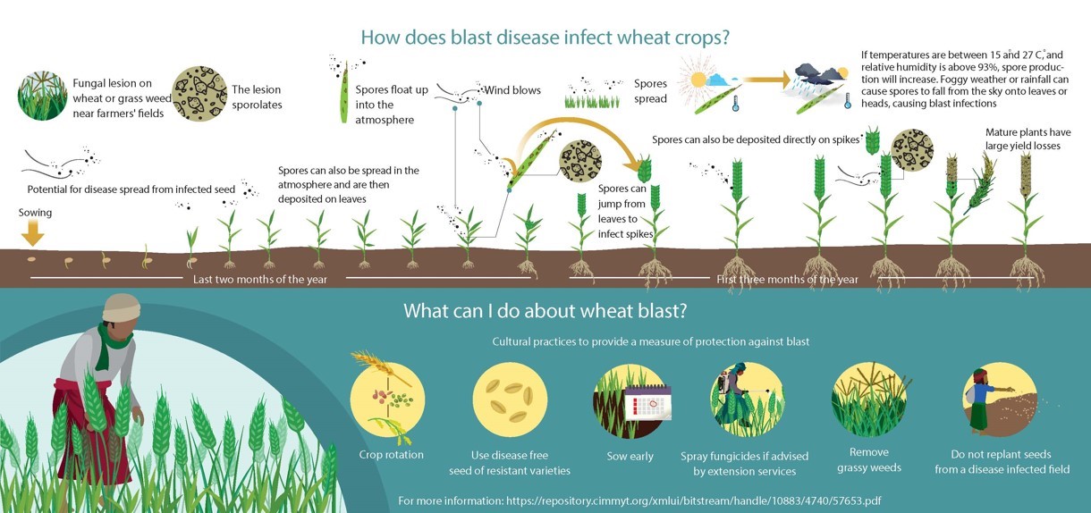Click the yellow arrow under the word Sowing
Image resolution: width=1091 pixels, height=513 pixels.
pyautogui.click(x=32, y=232)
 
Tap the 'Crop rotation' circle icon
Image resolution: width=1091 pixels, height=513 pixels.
pyautogui.click(x=388, y=399)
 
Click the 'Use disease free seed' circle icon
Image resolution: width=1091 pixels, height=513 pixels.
pyautogui.click(x=510, y=400)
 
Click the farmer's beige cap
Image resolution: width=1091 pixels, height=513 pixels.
pyautogui.click(x=122, y=307)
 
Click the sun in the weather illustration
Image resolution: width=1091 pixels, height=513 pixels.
pyautogui.click(x=698, y=80)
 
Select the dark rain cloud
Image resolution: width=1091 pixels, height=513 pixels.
pyautogui.click(x=820, y=74)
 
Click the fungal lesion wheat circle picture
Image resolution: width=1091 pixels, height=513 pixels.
pyautogui.click(x=43, y=96)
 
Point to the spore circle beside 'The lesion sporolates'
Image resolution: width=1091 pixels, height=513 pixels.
pyautogui.click(x=199, y=94)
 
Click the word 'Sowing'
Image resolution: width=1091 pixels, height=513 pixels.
pyautogui.click(x=35, y=213)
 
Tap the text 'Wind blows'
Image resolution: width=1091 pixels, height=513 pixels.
pyautogui.click(x=512, y=90)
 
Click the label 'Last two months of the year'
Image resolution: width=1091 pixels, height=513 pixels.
pyautogui.click(x=259, y=280)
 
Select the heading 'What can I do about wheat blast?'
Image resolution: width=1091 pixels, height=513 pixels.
pyautogui.click(x=545, y=310)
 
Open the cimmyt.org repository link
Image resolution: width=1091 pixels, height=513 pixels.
pyautogui.click(x=694, y=500)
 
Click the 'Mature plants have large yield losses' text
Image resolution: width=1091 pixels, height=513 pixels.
pyautogui.click(x=1028, y=139)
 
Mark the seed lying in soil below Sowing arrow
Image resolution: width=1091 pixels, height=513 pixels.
pyautogui.click(x=31, y=259)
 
